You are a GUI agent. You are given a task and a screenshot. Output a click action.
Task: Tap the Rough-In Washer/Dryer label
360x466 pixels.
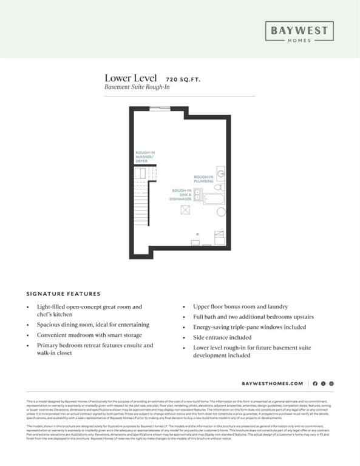click(x=146, y=157)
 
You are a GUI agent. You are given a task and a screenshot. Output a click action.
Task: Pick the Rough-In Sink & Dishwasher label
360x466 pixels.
click(x=181, y=195)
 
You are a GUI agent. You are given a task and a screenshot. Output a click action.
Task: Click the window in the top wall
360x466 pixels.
click(x=160, y=109)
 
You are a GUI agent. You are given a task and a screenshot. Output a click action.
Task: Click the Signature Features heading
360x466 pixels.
click(x=63, y=293)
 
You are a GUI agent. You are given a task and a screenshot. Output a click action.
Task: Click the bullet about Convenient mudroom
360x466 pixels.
click(x=89, y=334)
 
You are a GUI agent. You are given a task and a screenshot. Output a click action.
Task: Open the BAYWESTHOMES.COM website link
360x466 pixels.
click(x=272, y=383)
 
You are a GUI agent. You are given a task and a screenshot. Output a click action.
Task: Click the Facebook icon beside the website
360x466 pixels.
click(x=315, y=383)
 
